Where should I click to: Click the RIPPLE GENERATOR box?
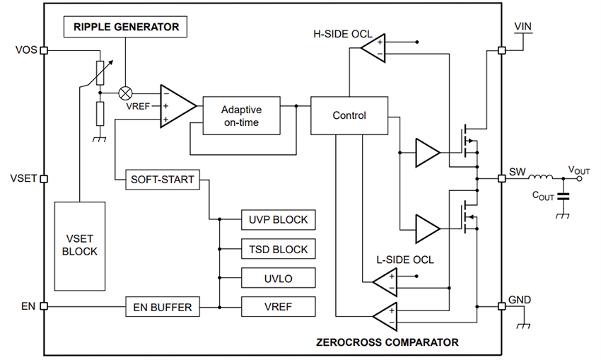[126, 28]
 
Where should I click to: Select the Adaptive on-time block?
[241, 116]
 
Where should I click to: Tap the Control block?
[349, 115]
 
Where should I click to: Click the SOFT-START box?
[162, 180]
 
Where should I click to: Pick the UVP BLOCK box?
[278, 220]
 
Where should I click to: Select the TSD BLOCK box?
[278, 249]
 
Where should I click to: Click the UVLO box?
[278, 278]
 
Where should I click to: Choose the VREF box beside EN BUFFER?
[278, 307]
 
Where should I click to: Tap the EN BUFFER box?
[163, 307]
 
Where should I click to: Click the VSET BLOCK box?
[80, 245]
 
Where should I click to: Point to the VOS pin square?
[44, 51]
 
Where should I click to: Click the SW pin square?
[501, 179]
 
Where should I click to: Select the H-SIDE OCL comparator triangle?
[372, 47]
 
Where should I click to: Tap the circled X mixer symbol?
[126, 93]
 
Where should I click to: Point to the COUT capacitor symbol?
[563, 197]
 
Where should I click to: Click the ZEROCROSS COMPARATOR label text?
[387, 342]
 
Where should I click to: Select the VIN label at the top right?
[523, 26]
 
